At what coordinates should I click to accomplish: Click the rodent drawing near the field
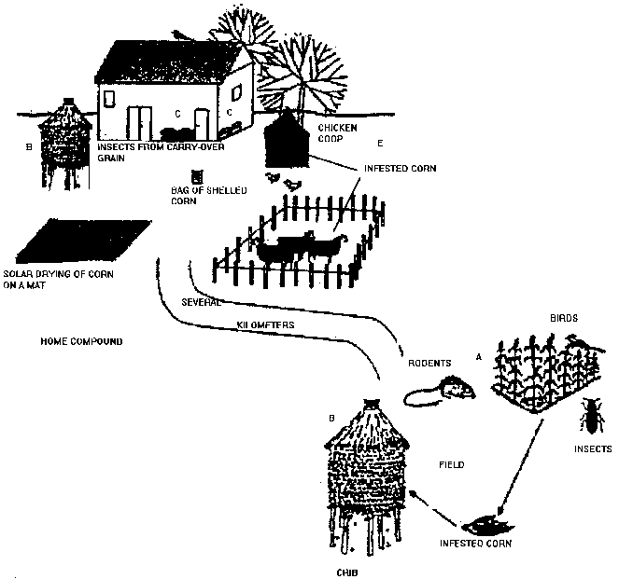click(x=448, y=387)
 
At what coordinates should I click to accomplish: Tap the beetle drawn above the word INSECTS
click(x=590, y=416)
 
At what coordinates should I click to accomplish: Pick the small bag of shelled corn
click(x=196, y=176)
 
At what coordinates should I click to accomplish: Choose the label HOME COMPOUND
click(x=82, y=341)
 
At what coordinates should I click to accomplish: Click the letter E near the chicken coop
click(x=379, y=145)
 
